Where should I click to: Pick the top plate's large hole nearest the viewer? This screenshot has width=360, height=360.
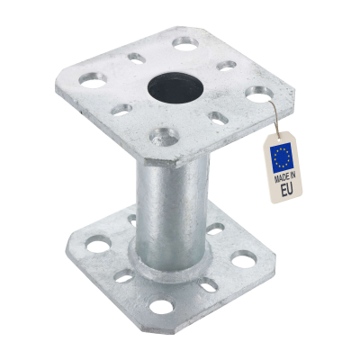pyautogui.click(x=161, y=137)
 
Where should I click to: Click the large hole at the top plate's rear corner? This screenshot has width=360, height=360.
pyautogui.click(x=185, y=42)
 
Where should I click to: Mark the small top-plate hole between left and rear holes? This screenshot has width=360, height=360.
pyautogui.click(x=136, y=58)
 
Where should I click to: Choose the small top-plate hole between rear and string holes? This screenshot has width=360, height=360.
pyautogui.click(x=228, y=66)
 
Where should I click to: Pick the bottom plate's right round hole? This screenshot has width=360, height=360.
pyautogui.click(x=244, y=261)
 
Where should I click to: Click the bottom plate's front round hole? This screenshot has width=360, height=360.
pyautogui.click(x=161, y=307)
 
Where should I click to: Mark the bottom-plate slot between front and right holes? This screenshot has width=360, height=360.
pyautogui.click(x=210, y=286)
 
